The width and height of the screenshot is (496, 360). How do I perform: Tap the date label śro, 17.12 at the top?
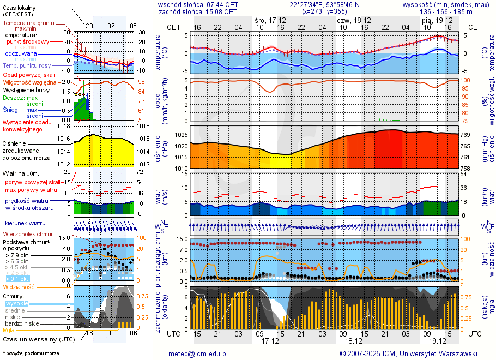[x=270, y=20]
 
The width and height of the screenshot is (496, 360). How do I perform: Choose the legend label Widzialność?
[x=19, y=286]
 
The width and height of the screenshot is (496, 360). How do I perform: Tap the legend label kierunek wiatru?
[x=25, y=224]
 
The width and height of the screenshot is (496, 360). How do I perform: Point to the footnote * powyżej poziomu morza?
[x=31, y=353]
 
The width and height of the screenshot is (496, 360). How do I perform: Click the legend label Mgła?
[x=9, y=330]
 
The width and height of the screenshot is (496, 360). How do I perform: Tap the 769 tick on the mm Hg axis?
[x=467, y=135]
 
